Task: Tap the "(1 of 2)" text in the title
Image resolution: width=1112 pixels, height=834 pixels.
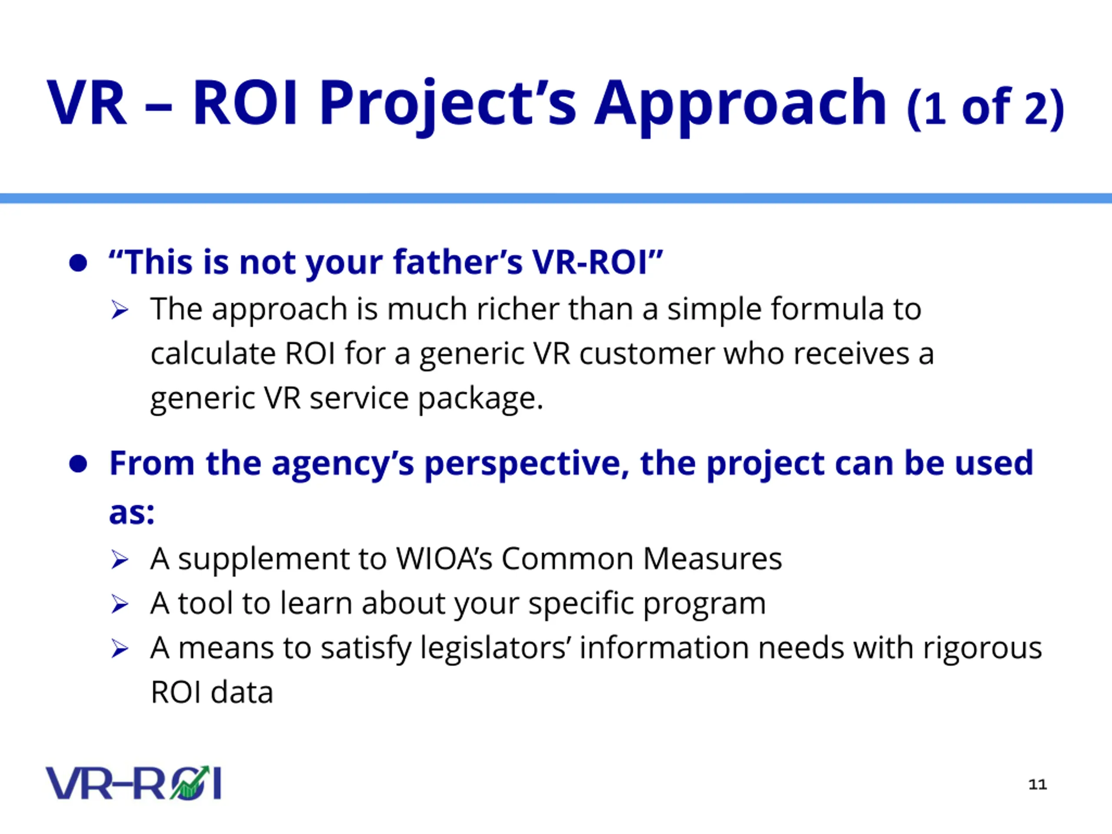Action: pos(986,108)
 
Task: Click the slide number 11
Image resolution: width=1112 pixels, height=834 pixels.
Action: pos(1038,784)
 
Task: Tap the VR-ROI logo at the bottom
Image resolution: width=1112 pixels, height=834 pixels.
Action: pos(134,783)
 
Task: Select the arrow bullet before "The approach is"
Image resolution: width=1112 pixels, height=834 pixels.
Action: pos(119,310)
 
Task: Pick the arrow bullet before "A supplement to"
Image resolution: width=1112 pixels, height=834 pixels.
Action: pos(119,559)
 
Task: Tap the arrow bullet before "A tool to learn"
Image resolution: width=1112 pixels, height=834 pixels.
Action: pos(119,604)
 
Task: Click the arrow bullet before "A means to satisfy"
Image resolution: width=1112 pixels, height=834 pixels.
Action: pos(119,649)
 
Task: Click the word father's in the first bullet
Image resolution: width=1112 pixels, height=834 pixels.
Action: pos(458,262)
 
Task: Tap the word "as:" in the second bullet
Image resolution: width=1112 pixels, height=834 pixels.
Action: pos(132,513)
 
